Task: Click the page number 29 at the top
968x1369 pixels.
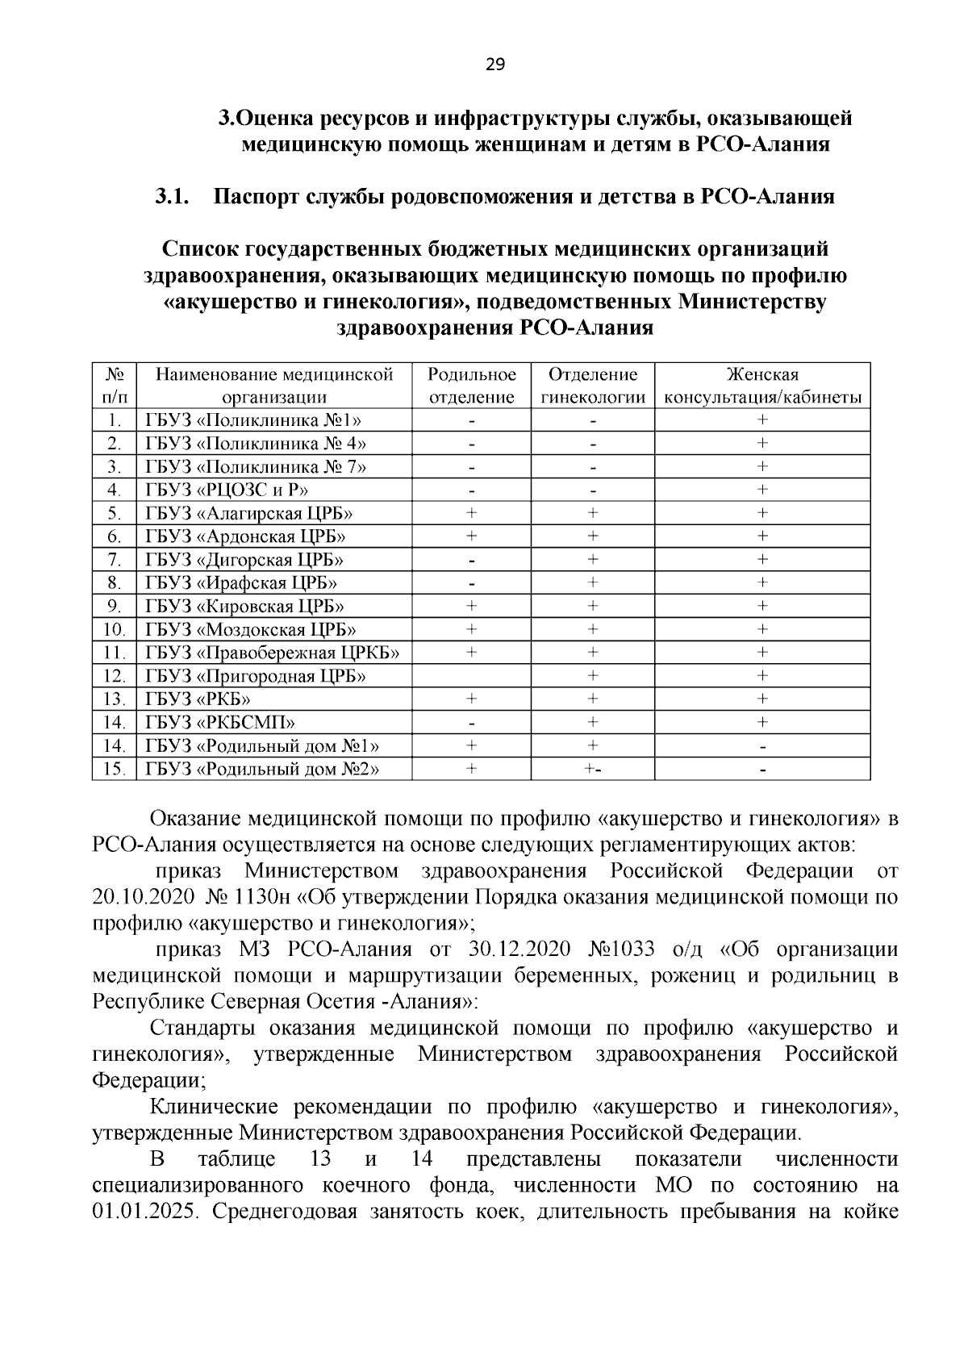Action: pos(494,65)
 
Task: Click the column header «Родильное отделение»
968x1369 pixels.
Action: pos(471,386)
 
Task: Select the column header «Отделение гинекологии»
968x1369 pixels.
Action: pos(592,386)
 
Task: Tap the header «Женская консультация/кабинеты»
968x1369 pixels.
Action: pos(761,386)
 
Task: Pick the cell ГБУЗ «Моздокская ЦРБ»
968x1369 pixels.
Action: pos(250,629)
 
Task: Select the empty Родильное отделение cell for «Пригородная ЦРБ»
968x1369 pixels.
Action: pos(471,676)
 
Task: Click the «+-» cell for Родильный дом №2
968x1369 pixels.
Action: pos(592,770)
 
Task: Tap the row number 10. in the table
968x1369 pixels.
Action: pos(115,629)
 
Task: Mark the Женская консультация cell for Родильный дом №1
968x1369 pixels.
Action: pos(761,746)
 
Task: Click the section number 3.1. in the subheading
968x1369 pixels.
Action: pos(172,197)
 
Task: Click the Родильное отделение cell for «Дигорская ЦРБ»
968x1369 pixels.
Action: pos(471,560)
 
